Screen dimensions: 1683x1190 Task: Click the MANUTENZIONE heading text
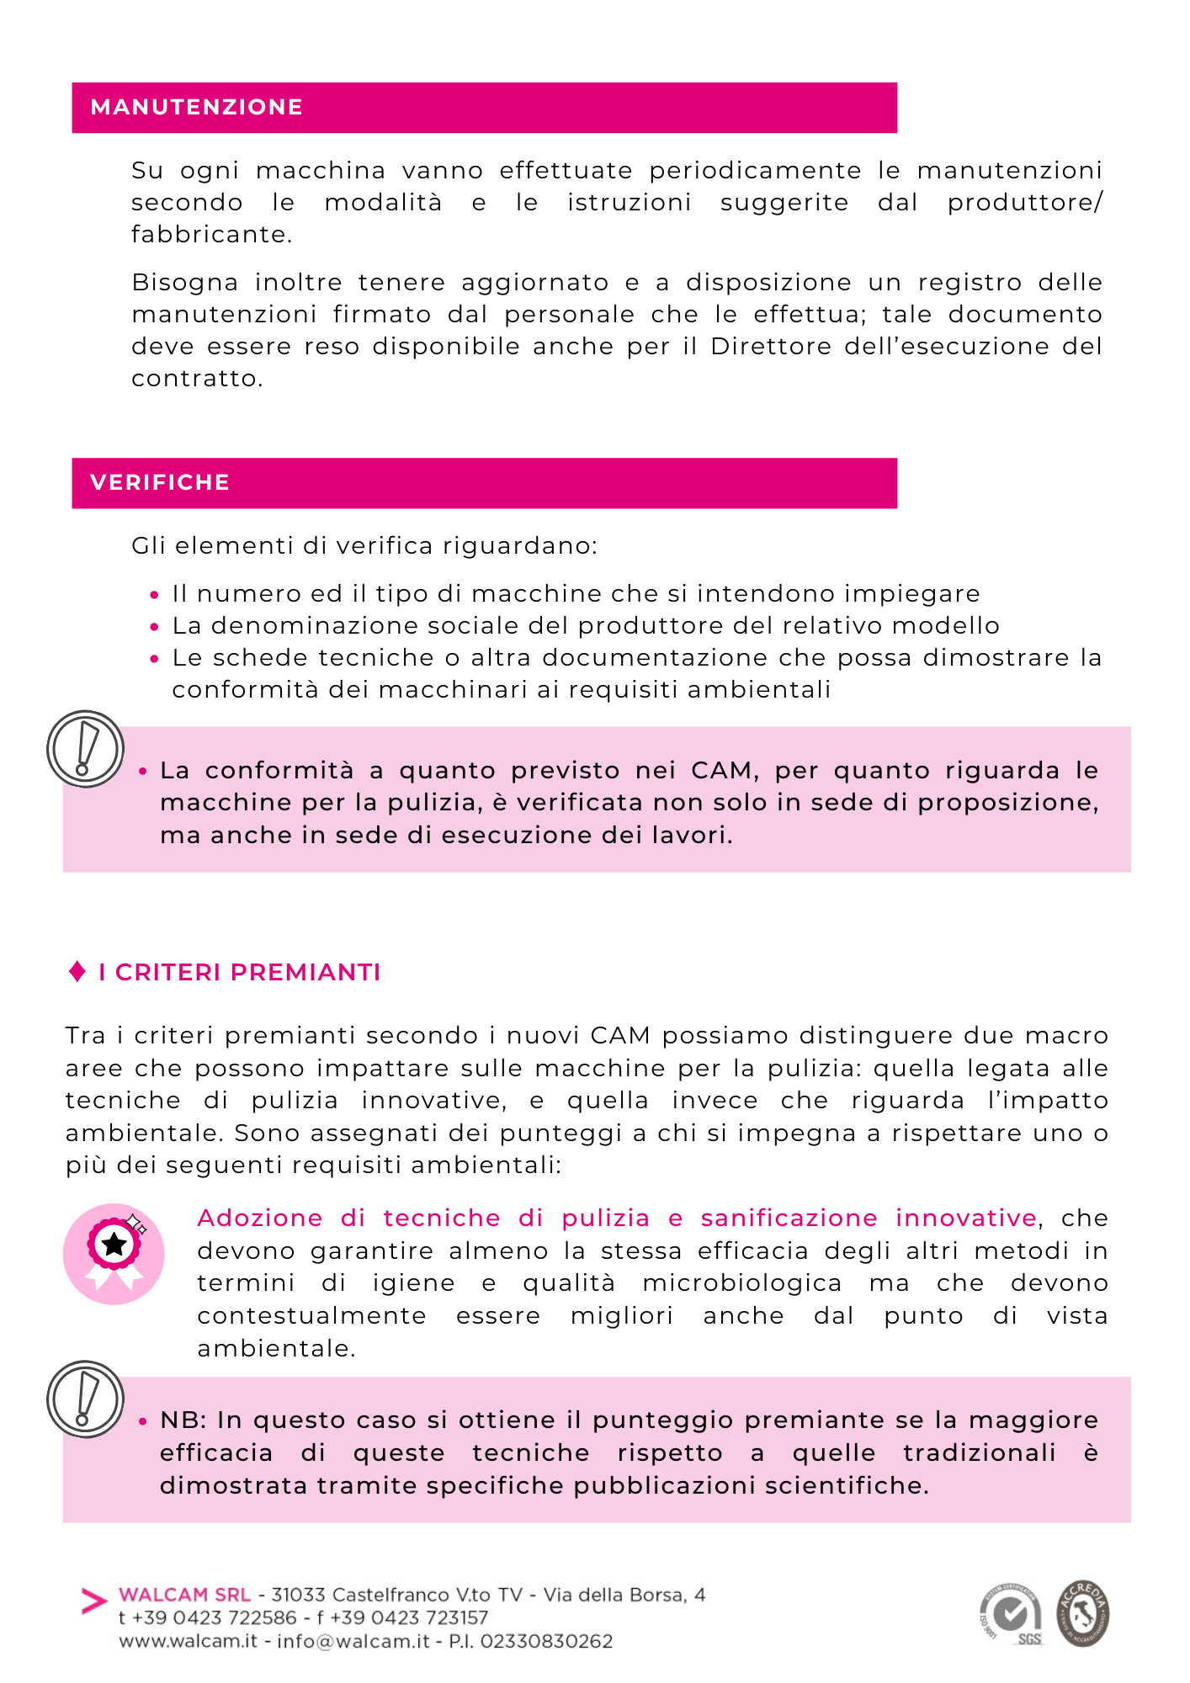(196, 108)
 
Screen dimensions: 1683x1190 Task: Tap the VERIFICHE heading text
(160, 483)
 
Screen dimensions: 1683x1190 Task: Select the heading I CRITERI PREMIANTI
(239, 973)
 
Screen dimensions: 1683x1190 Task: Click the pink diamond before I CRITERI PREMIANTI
(77, 972)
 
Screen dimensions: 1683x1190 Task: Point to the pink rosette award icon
(114, 1254)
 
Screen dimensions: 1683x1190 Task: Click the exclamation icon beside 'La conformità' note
(85, 749)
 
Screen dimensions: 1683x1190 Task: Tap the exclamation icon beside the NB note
(85, 1399)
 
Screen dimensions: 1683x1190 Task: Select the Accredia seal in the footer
(1083, 1613)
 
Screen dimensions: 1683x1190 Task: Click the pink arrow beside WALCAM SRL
(94, 1601)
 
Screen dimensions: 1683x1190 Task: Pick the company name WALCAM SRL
(185, 1595)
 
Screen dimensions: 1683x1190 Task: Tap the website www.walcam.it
(188, 1642)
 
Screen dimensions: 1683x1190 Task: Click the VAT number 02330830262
(546, 1642)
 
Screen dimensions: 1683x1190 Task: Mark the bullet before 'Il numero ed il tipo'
(154, 595)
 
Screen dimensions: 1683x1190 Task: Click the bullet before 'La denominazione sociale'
(154, 627)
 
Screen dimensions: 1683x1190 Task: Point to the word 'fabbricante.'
(211, 235)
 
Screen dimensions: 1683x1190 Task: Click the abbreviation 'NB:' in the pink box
(184, 1420)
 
